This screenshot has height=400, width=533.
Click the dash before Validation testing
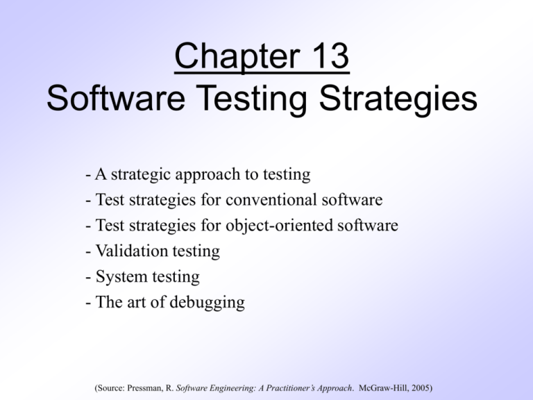click(81, 251)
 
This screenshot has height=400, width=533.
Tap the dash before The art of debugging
click(81, 302)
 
